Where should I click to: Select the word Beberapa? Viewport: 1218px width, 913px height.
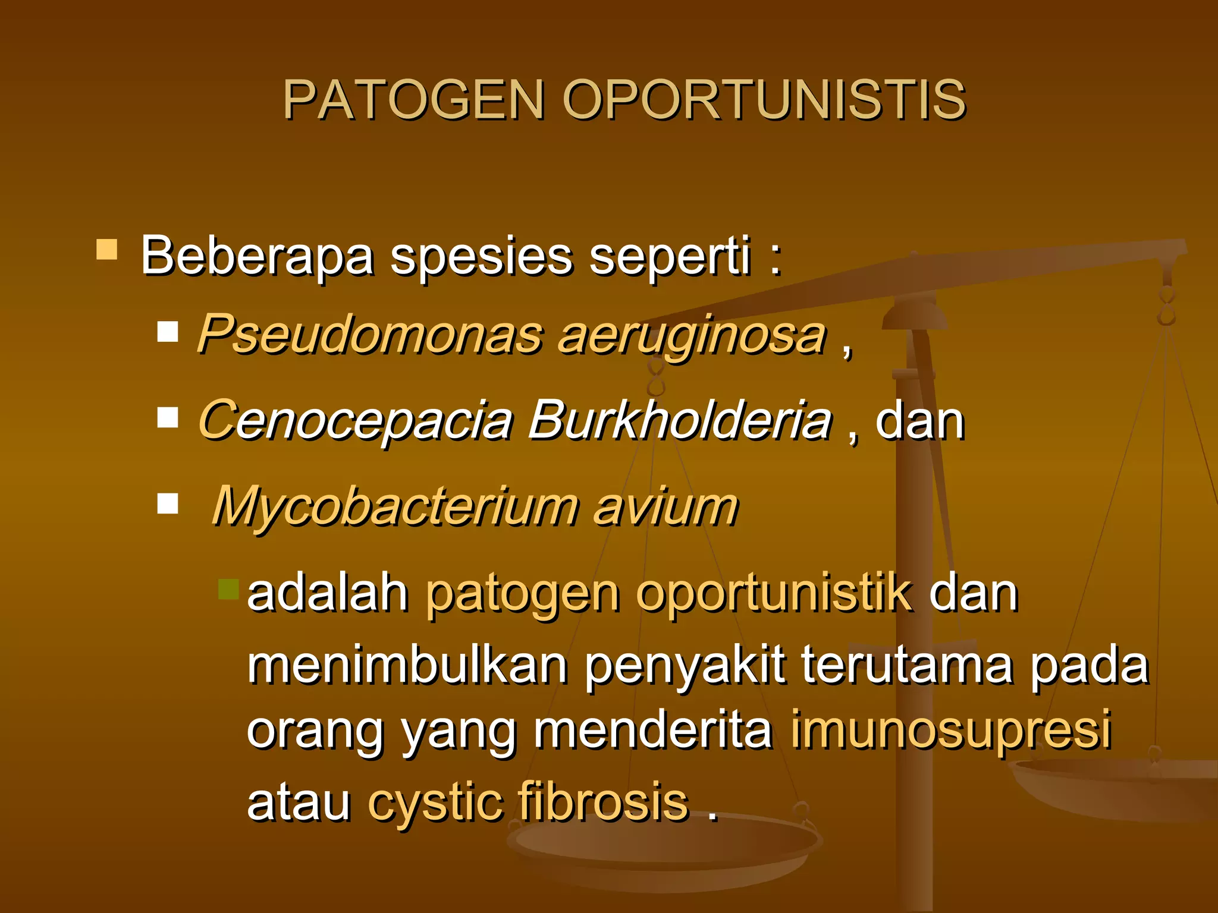click(257, 256)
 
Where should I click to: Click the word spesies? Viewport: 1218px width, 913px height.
click(481, 256)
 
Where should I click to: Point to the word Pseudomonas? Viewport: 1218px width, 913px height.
click(370, 335)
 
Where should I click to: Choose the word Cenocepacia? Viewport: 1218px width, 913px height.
click(356, 420)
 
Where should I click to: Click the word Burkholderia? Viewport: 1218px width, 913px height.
click(680, 420)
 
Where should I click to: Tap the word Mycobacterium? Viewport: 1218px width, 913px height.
click(395, 506)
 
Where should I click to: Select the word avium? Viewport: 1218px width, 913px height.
click(665, 506)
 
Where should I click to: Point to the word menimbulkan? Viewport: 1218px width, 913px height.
click(407, 665)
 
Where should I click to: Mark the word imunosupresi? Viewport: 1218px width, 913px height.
click(950, 730)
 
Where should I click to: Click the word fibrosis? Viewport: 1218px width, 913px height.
click(603, 802)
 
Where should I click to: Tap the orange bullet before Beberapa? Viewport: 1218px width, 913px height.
click(107, 250)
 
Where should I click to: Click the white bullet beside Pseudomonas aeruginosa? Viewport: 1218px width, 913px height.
click(168, 331)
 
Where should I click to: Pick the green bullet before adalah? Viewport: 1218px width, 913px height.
click(228, 589)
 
